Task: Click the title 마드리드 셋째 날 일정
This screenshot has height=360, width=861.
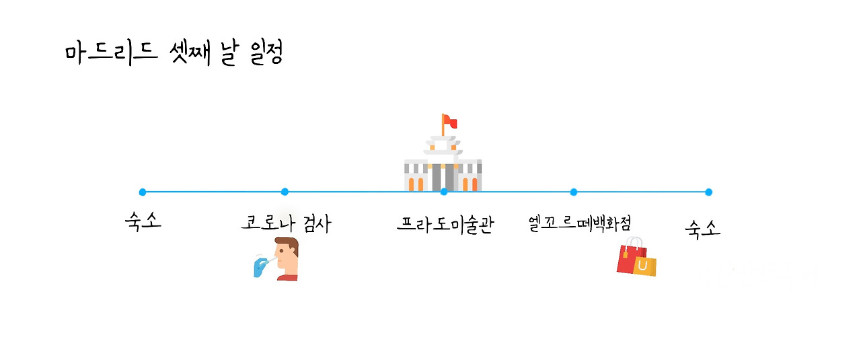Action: coord(174,53)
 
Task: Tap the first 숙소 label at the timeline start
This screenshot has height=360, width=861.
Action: coord(143,221)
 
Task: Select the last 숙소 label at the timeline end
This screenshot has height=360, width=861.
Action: coord(703,229)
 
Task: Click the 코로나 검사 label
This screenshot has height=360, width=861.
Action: coord(285,223)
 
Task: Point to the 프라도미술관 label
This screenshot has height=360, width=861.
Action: coord(445,224)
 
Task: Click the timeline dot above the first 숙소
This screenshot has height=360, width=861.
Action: coord(143,192)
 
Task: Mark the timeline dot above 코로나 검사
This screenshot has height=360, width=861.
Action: coord(285,192)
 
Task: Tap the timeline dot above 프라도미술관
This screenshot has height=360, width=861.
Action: coord(444,192)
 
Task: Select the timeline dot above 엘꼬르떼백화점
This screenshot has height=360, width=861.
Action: coord(573,192)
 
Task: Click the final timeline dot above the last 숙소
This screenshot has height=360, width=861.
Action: coord(708,192)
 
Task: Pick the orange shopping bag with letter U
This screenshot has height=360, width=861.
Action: coord(644,266)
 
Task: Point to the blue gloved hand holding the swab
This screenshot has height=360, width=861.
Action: coord(259,267)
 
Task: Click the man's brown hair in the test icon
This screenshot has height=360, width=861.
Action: coord(288,244)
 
